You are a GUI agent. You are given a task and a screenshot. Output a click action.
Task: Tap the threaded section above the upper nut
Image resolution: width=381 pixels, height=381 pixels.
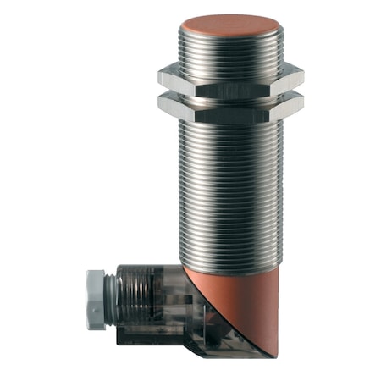coord(227,49)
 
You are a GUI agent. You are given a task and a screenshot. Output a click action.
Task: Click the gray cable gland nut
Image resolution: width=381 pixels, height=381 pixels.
coord(95,296)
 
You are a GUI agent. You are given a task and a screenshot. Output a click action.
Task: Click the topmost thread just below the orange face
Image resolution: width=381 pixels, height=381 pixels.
coord(227,37)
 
